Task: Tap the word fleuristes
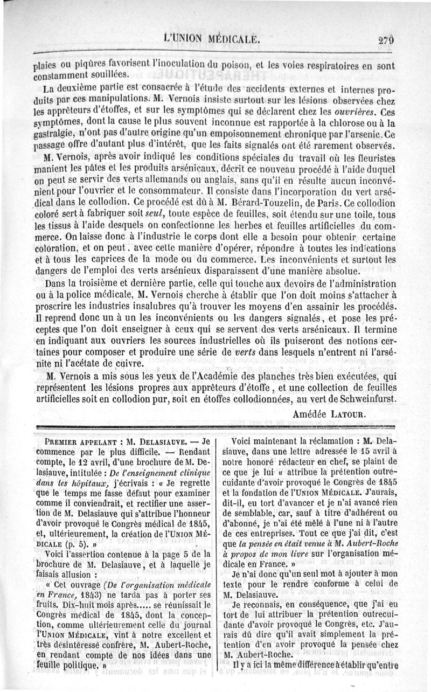[372, 158]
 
